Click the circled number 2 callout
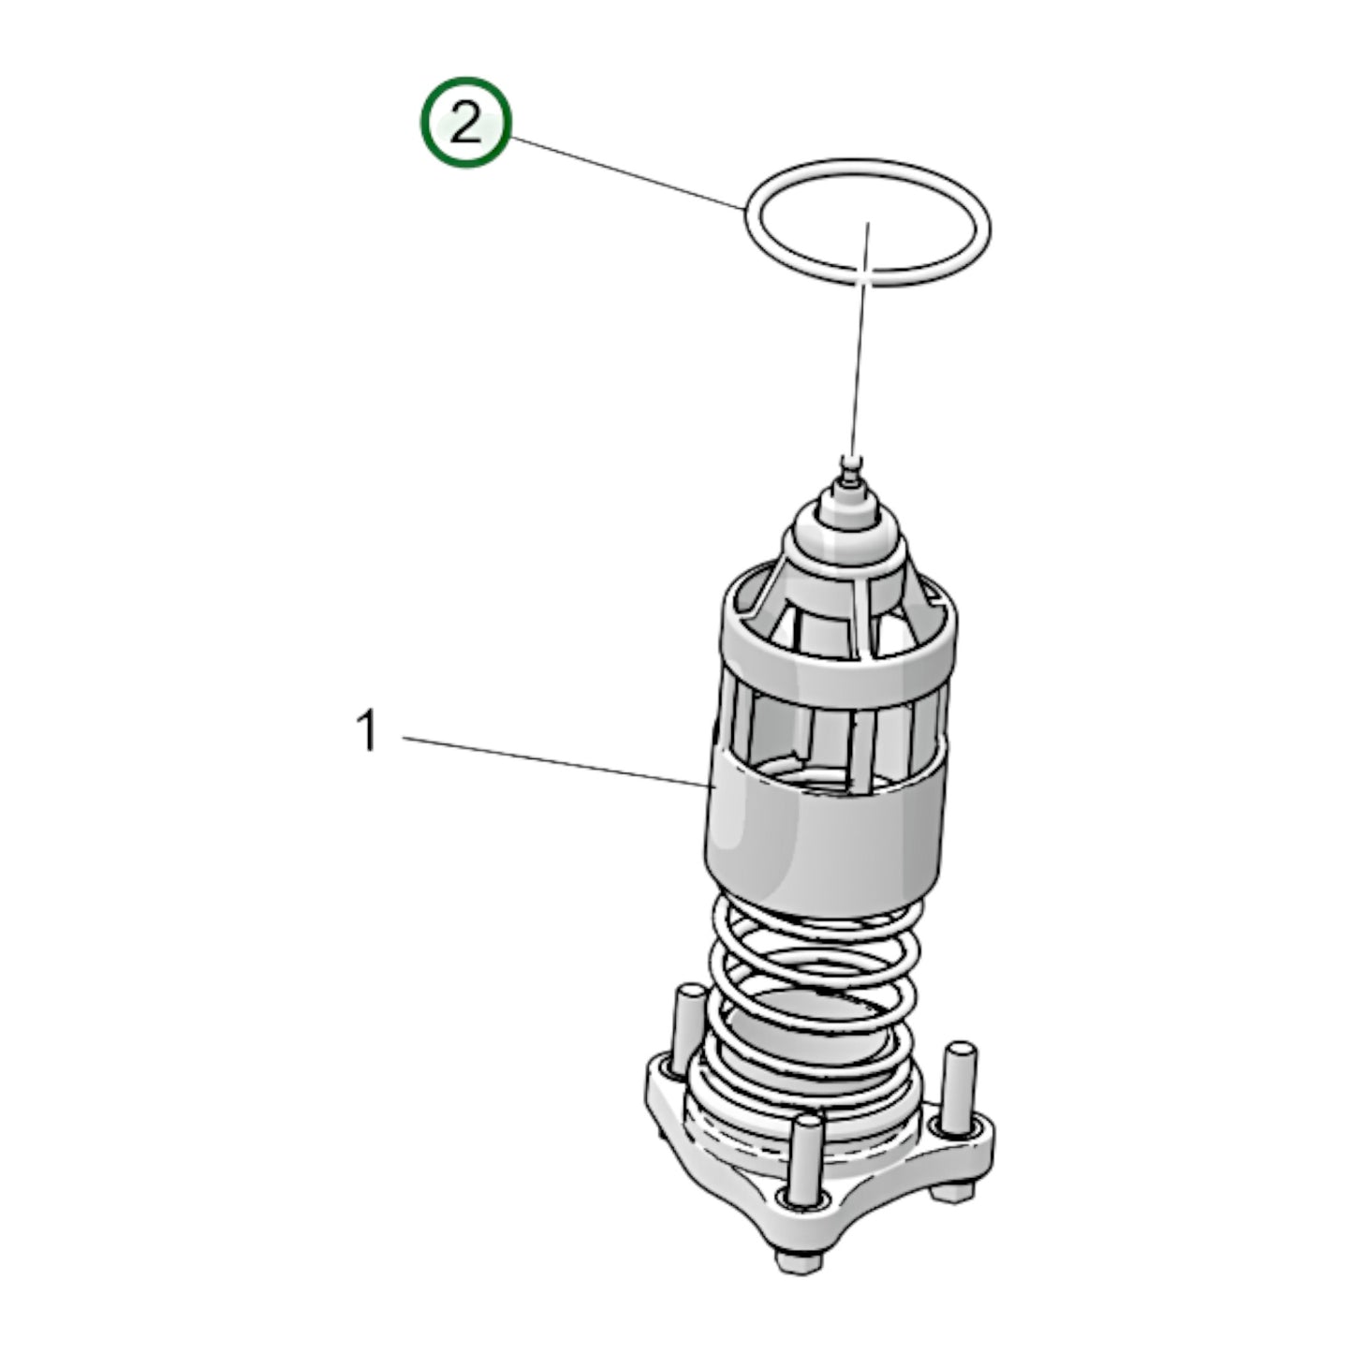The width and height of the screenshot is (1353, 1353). [x=464, y=124]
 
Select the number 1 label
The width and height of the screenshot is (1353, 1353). [x=368, y=731]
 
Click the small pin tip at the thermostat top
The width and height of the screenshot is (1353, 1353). [x=851, y=461]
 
